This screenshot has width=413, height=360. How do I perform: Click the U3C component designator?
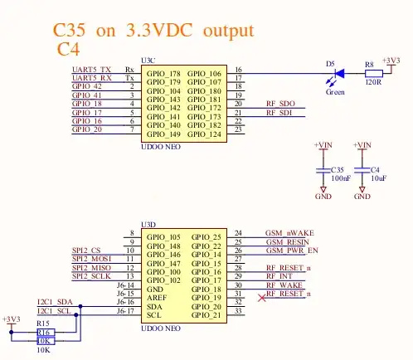tap(149, 61)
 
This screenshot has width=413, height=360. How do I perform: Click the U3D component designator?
tap(149, 225)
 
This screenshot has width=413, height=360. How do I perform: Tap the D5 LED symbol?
tap(336, 72)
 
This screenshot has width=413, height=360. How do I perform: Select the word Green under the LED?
tap(335, 92)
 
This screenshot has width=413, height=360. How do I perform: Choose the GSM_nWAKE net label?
tap(289, 233)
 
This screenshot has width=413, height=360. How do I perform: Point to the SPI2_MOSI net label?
tap(91, 259)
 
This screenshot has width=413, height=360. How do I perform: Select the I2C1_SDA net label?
tap(54, 301)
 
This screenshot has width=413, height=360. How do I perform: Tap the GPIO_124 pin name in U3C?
tap(204, 134)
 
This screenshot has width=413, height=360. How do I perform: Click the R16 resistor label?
tap(43, 332)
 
